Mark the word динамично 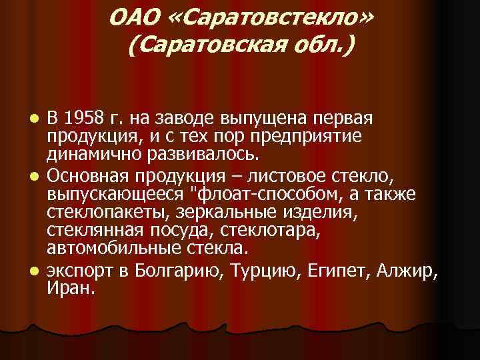click(86, 155)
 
